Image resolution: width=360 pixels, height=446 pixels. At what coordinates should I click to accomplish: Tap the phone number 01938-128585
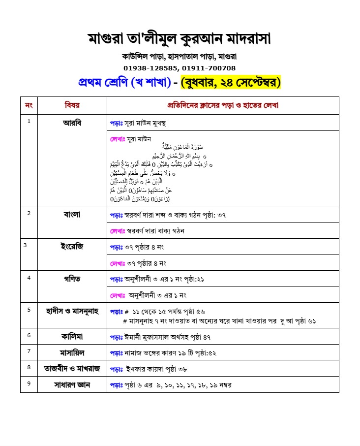coord(151,68)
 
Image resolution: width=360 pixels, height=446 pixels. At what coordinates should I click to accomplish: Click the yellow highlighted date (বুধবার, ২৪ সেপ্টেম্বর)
coord(231,82)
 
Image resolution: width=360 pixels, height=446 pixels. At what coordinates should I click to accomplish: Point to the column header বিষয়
coord(72,105)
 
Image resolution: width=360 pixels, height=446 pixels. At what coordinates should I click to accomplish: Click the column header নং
coord(29,105)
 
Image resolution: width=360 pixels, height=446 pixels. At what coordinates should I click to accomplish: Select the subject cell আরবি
coord(72,122)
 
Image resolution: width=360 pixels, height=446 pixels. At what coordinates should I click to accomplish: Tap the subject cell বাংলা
coord(72,214)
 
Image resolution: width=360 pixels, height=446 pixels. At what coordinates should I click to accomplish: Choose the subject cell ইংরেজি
coord(72,247)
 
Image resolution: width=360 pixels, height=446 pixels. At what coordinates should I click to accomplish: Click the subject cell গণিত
coord(72,279)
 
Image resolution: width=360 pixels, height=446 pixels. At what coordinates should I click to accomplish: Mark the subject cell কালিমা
coord(72,336)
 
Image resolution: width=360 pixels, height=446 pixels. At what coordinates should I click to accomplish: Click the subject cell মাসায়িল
coord(72,352)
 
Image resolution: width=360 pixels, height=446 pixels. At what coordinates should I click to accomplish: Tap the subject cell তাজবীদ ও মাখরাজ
coord(72,368)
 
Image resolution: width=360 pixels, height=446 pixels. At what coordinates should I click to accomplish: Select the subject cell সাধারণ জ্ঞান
coord(72,384)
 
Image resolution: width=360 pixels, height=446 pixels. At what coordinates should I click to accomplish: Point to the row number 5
coord(29,310)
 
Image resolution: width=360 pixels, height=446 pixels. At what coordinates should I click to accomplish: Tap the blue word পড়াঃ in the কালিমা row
coord(116,337)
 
